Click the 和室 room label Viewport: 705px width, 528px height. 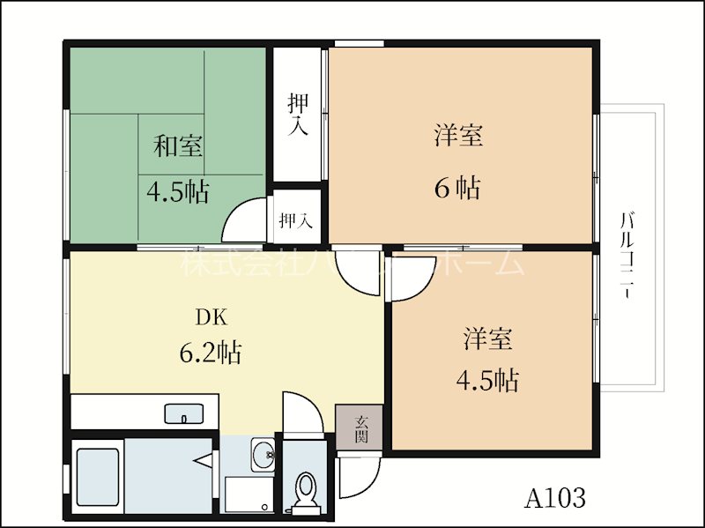pos(179,146)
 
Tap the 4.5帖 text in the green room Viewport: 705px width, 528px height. pos(177,191)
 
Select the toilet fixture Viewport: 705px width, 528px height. pos(306,489)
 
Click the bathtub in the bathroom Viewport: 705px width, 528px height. pos(99,477)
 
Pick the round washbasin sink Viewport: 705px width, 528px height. pos(262,455)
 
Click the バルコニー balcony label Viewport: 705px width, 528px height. pos(627,255)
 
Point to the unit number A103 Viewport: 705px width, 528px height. pos(555,498)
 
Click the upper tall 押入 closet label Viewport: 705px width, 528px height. pos(298,115)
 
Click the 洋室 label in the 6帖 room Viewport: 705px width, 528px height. pos(457,136)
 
